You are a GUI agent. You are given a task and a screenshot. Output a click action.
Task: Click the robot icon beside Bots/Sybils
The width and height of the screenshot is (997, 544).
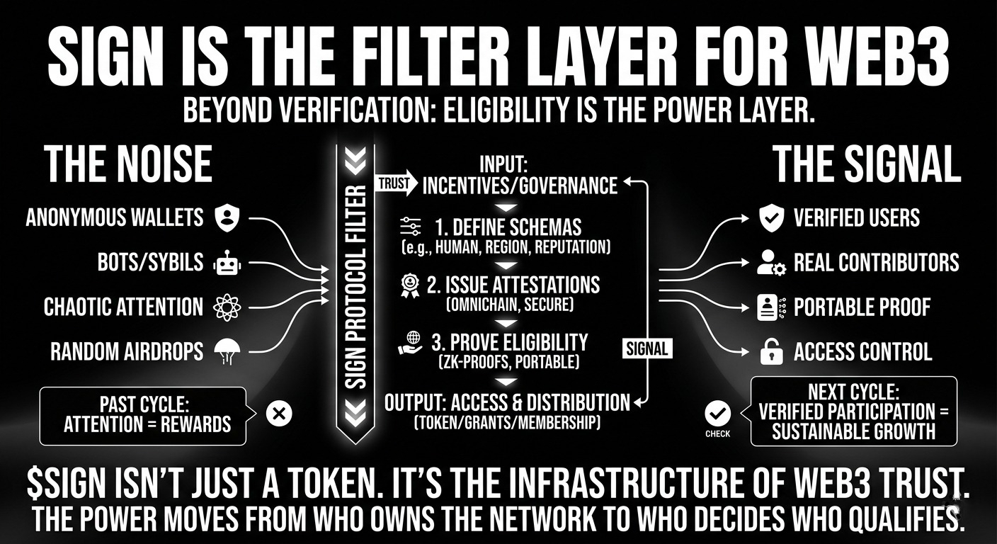point(226,263)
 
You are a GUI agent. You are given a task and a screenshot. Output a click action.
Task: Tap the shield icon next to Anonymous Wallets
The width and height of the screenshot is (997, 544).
point(226,217)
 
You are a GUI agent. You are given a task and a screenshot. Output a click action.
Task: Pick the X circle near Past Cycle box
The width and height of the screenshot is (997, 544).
point(277,414)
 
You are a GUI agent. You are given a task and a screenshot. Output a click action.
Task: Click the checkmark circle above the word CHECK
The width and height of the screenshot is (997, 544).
point(717,412)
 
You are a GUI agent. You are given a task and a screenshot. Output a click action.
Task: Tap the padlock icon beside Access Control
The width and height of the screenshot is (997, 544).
point(770,351)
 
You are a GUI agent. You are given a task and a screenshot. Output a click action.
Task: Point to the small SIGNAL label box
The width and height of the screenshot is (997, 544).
point(647,348)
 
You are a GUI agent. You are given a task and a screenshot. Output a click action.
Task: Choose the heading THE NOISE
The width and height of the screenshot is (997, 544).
point(128,165)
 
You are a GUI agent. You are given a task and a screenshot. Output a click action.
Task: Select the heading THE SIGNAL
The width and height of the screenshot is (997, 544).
point(866,165)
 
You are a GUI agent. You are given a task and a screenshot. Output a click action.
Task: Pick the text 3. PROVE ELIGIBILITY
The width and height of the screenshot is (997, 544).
point(509,343)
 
